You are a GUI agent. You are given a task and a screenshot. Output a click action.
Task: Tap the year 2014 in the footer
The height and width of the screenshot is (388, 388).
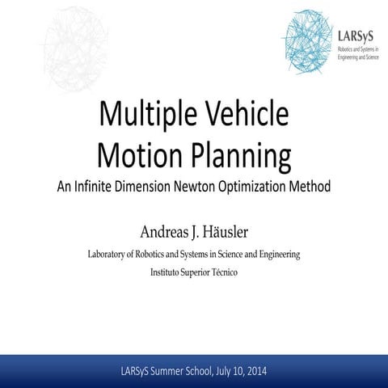point(255,371)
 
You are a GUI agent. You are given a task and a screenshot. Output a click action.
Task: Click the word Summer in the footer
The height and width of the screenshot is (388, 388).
point(166,371)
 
